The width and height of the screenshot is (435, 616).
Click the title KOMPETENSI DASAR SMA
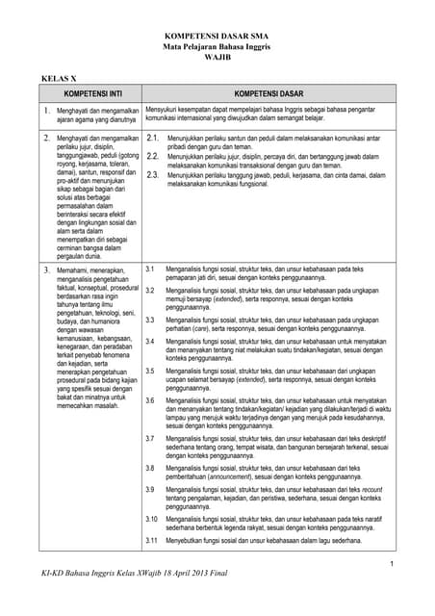click(217, 33)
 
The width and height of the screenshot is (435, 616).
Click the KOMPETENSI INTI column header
click(91, 94)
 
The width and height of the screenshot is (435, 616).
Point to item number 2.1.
click(152, 139)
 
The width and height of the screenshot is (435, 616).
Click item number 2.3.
click(152, 175)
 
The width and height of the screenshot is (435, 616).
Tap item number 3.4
click(149, 342)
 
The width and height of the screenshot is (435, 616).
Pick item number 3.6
click(149, 399)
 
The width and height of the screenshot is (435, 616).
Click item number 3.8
click(149, 468)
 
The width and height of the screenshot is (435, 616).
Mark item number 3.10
click(151, 519)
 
